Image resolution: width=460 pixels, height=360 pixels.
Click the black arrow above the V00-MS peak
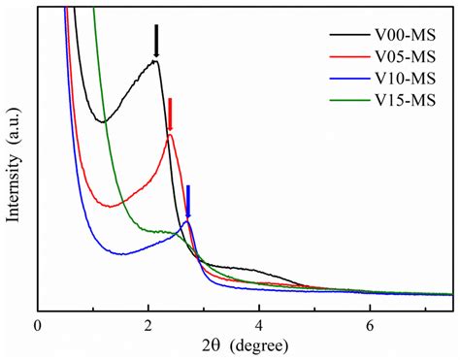pyautogui.click(x=156, y=41)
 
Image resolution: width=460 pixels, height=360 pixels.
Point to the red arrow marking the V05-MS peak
pyautogui.click(x=171, y=114)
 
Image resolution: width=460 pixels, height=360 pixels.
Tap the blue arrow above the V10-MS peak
pyautogui.click(x=188, y=201)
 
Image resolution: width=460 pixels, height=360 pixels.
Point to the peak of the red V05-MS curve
pyautogui.click(x=170, y=135)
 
